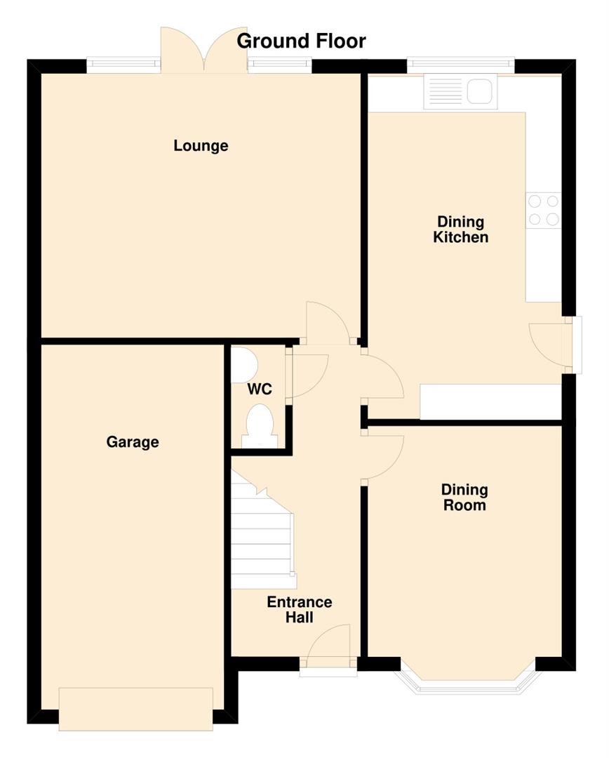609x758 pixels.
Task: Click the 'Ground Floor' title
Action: point(301,41)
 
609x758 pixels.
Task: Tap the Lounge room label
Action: point(201,146)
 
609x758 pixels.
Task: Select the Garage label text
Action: point(133,442)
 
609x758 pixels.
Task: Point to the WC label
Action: point(259,389)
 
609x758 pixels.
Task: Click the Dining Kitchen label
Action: point(460,230)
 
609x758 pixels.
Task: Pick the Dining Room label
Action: point(464,498)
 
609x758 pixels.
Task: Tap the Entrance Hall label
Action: point(299,610)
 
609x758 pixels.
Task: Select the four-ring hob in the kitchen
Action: point(543,210)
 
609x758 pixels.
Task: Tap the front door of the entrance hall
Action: point(328,649)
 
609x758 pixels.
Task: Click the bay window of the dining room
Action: point(468,685)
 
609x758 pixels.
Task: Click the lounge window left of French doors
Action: point(123,65)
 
